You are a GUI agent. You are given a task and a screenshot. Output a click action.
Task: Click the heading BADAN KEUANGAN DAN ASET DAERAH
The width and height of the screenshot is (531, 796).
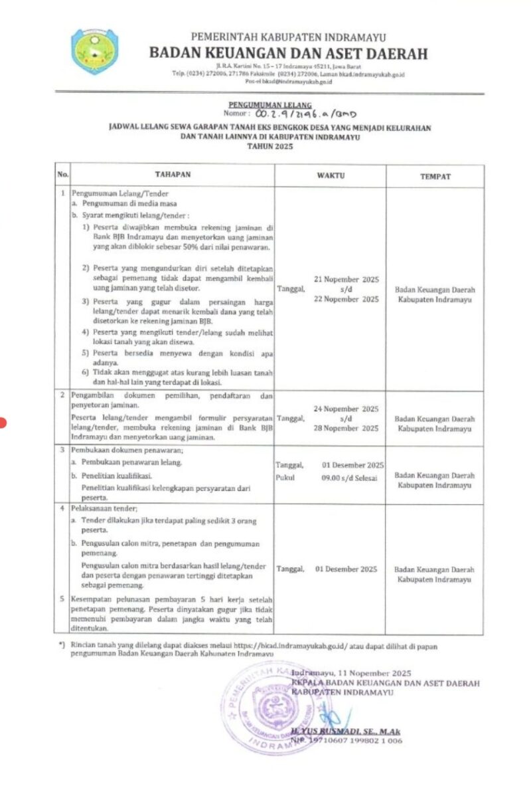point(289,54)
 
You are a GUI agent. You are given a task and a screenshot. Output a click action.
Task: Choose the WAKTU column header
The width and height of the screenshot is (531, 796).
point(330,175)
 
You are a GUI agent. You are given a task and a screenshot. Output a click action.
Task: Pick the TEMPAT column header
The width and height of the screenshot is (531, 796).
point(435,176)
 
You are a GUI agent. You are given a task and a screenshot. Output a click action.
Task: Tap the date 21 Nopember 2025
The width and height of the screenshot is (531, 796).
point(346,280)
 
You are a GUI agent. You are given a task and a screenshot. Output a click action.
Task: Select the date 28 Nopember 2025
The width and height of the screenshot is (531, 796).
point(346,429)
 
